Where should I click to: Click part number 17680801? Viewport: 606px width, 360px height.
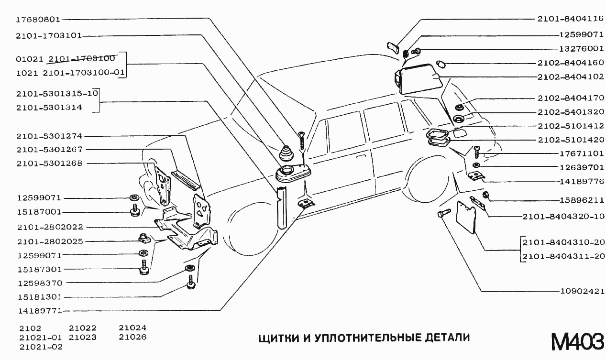pyautogui.click(x=38, y=20)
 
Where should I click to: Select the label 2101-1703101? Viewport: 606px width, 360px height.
pyautogui.click(x=49, y=36)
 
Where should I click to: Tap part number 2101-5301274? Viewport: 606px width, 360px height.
pyautogui.click(x=49, y=136)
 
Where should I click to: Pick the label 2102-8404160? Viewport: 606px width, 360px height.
pyautogui.click(x=570, y=63)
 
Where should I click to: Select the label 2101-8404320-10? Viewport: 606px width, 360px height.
pyautogui.click(x=563, y=217)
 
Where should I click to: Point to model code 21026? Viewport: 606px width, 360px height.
pyautogui.click(x=132, y=337)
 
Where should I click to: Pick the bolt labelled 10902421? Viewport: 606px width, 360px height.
pyautogui.click(x=443, y=214)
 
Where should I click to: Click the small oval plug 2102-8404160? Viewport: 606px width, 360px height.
pyautogui.click(x=441, y=64)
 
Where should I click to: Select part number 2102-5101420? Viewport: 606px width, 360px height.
pyautogui.click(x=570, y=140)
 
